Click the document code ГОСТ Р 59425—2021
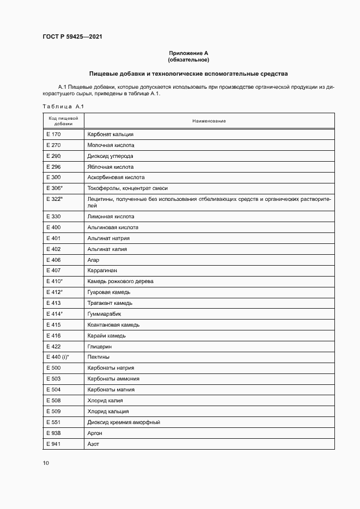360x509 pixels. coord(72,37)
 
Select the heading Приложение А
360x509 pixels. coord(189,53)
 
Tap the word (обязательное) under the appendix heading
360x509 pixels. coord(189,59)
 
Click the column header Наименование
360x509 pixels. coord(209,120)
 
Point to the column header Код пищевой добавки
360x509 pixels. coord(63,120)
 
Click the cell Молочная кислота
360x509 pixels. coord(111,145)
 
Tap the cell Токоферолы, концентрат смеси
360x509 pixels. coord(127,188)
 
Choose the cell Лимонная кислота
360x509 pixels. coord(111,217)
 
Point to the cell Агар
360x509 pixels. coord(93,260)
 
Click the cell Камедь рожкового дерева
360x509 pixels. coord(120,281)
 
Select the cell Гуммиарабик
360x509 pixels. coord(104,314)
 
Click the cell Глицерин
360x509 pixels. coord(99,346)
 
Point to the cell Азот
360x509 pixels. coord(93,444)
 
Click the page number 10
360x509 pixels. coord(46,463)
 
